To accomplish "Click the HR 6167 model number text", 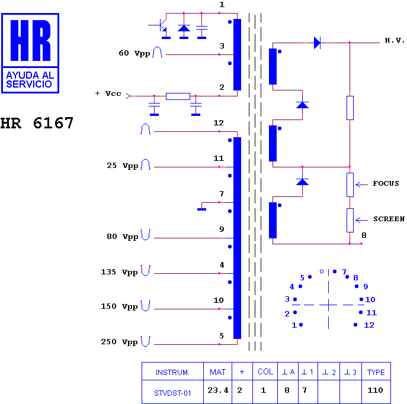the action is [x=37, y=123].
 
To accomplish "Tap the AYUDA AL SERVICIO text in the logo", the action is [x=30, y=79].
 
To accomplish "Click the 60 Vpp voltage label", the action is [x=134, y=53].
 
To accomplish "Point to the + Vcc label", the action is [x=108, y=93].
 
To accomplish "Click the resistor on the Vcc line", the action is [x=178, y=96].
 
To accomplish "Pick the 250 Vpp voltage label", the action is [x=119, y=342].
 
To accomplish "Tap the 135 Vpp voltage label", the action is [x=119, y=272].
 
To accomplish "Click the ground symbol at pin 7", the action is [x=201, y=209].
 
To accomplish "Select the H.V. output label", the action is [x=395, y=40].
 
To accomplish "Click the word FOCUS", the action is [x=386, y=183].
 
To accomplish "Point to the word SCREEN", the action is [x=389, y=219].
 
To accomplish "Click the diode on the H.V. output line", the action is [x=317, y=43].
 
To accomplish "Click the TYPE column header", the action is [x=376, y=372].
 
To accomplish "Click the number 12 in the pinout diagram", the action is [x=369, y=325].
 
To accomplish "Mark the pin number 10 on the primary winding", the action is [x=219, y=300].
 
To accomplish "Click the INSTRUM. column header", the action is [x=172, y=373].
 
